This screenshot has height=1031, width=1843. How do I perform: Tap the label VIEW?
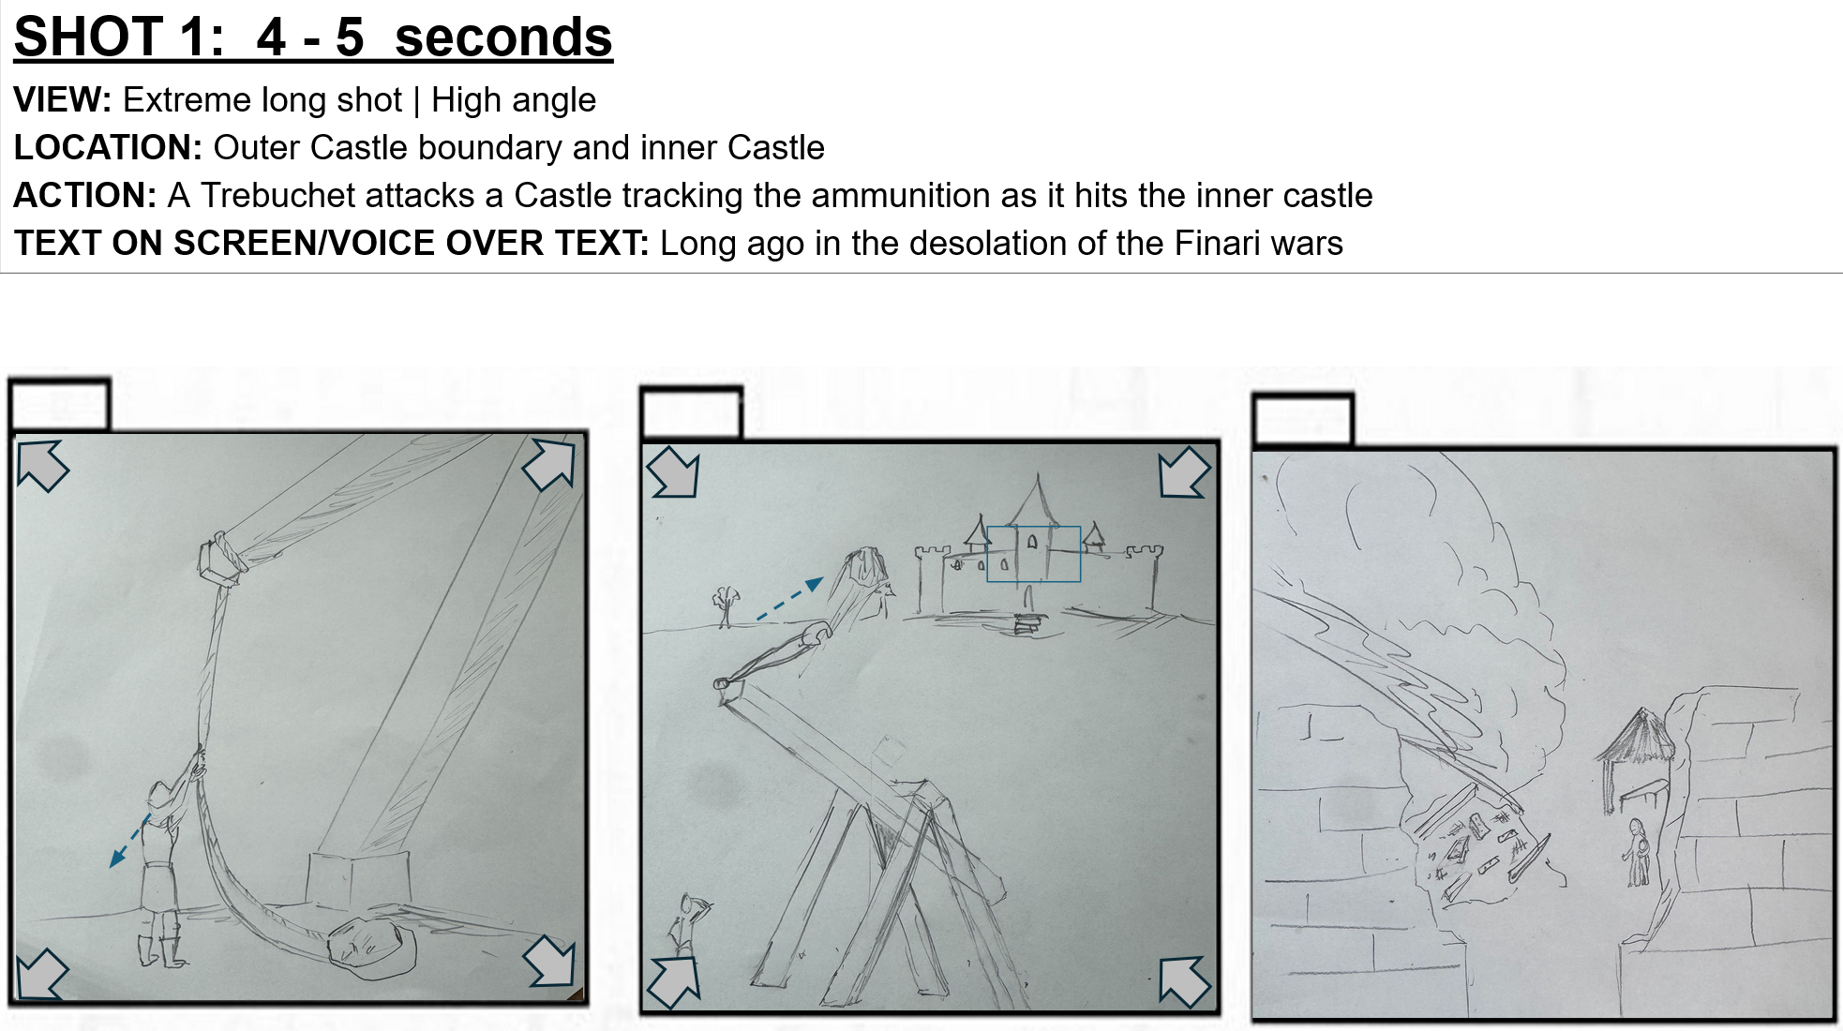(62, 100)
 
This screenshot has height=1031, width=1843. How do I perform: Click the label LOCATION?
(108, 148)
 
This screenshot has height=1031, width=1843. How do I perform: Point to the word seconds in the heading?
(503, 37)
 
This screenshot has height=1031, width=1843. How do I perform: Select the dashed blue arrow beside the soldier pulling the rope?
(129, 841)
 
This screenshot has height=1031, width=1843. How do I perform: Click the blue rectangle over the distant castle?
(1033, 554)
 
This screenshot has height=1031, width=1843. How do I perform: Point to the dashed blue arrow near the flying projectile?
(790, 599)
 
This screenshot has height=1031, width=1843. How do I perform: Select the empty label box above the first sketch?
(60, 405)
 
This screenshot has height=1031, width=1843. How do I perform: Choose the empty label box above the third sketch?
(1303, 421)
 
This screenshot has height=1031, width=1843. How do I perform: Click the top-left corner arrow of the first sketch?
(42, 466)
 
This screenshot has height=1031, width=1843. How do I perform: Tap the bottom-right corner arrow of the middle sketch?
(1184, 981)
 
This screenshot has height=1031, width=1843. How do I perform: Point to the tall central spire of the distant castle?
(1037, 500)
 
